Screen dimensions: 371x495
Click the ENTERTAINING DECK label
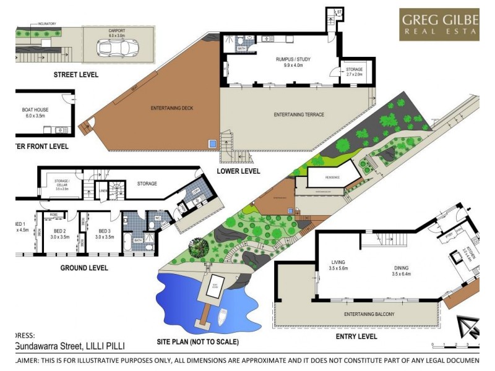[x=172, y=109]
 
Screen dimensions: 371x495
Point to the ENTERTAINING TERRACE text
[x=299, y=114]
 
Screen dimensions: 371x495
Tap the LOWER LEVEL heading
[x=238, y=171]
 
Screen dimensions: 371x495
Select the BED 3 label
[x=100, y=216]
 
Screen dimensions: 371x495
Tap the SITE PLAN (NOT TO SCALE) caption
[x=197, y=341]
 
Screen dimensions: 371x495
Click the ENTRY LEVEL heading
[x=356, y=336]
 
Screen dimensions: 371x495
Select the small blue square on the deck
[x=213, y=144]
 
